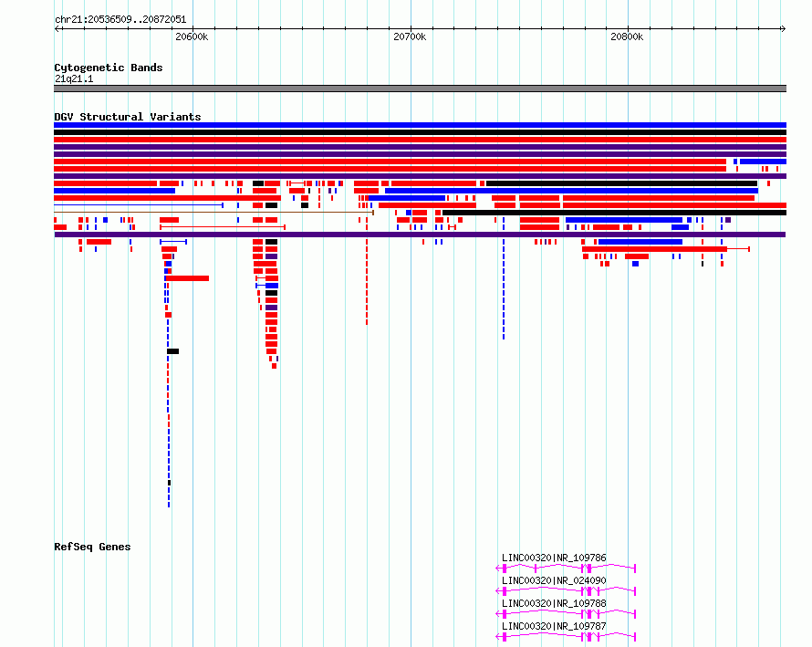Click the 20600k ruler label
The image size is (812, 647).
(192, 37)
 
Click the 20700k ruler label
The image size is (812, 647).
(410, 37)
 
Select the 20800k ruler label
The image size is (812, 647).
(627, 37)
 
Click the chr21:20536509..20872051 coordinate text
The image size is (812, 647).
(120, 19)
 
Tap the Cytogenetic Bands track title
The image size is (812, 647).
(109, 68)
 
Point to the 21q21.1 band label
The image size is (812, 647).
(74, 78)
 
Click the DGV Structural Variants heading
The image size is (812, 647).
(128, 117)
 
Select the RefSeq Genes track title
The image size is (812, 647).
(92, 547)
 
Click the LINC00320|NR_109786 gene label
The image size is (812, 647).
(554, 558)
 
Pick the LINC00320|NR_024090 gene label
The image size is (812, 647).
(554, 580)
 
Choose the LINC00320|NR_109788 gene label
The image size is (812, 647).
(554, 603)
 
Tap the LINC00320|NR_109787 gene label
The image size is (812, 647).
(554, 626)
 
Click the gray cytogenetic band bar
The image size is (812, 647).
(420, 89)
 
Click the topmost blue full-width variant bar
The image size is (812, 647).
(420, 125)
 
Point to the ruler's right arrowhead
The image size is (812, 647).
(784, 28)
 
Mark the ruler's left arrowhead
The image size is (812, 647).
(57, 28)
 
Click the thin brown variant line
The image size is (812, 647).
(213, 213)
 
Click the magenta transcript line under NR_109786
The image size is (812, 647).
(566, 569)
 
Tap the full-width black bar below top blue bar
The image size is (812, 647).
(420, 132)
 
